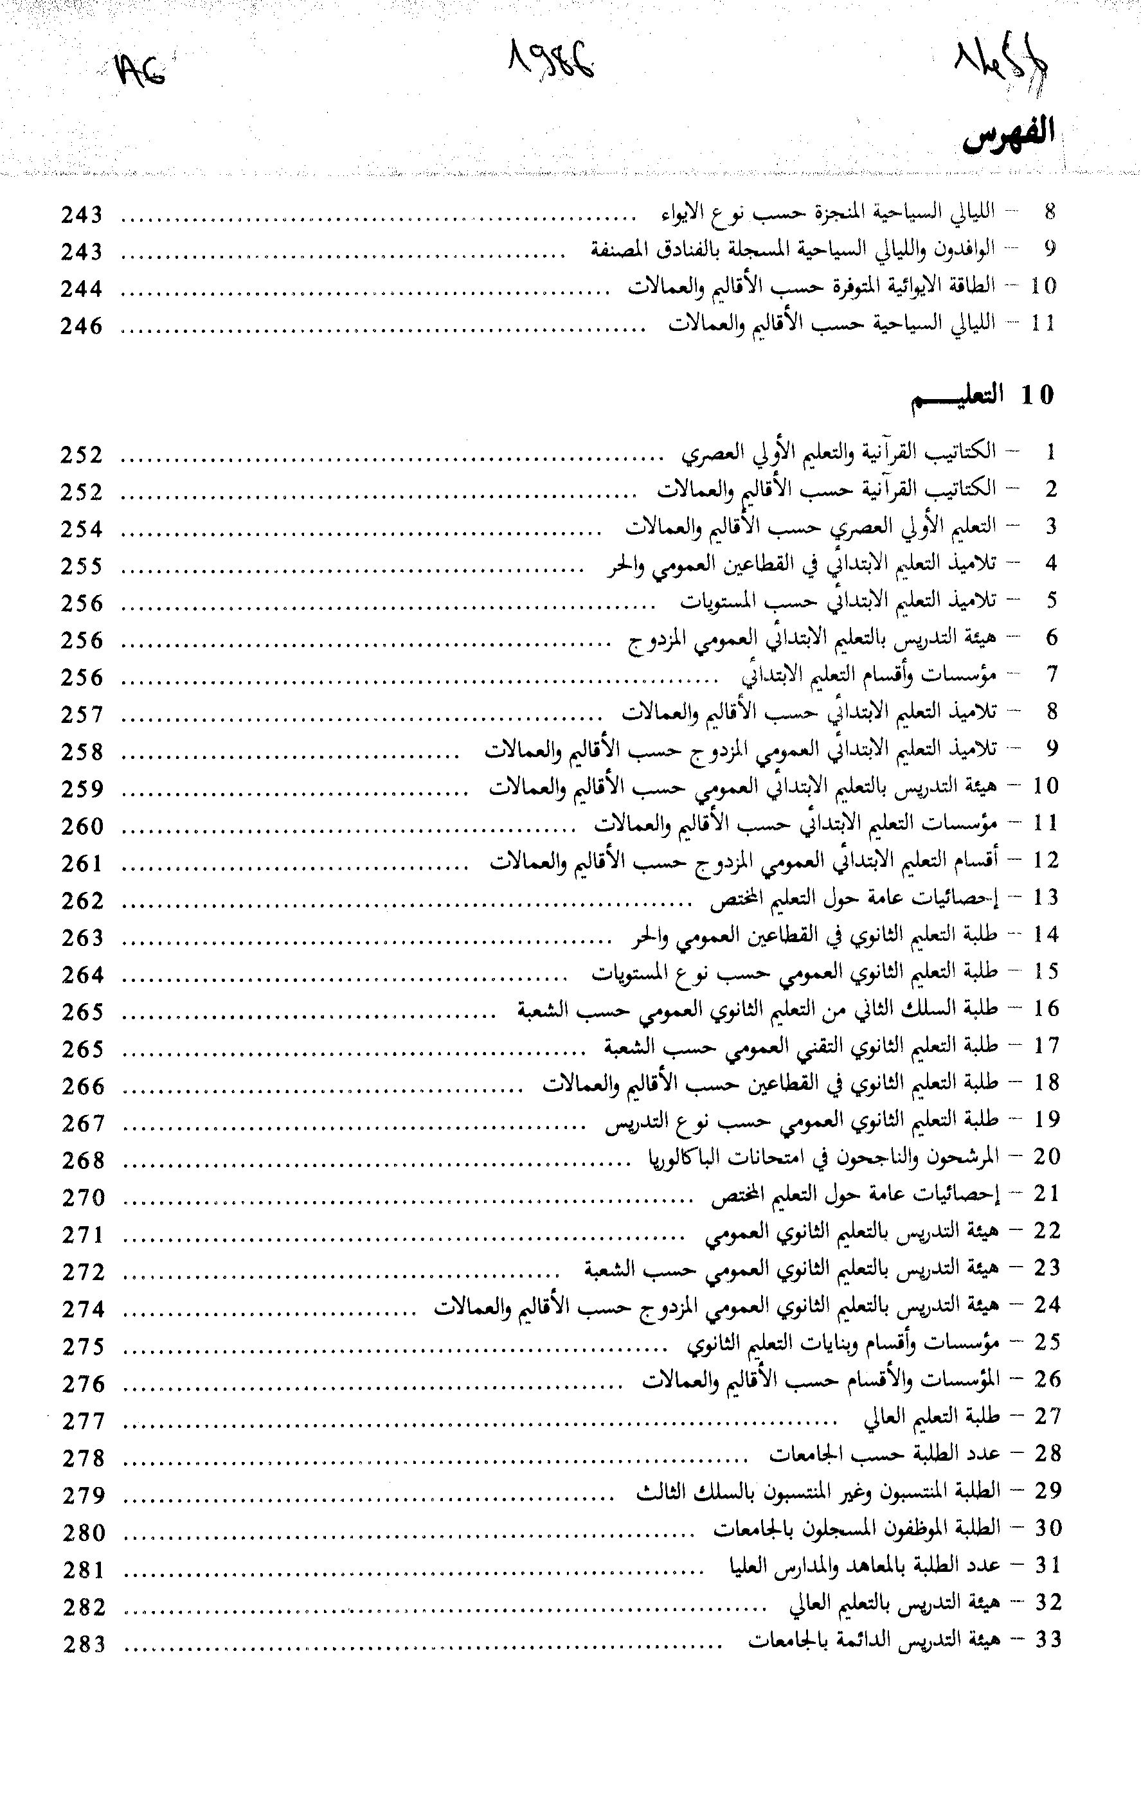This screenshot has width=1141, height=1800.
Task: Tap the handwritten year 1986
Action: (x=553, y=63)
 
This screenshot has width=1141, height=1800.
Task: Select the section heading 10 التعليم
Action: (x=981, y=396)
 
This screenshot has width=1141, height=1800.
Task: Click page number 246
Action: (x=82, y=326)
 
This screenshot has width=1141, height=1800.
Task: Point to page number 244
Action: (x=82, y=289)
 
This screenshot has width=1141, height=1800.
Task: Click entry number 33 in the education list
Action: (x=1048, y=1640)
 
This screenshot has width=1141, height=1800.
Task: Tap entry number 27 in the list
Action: (x=1048, y=1416)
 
